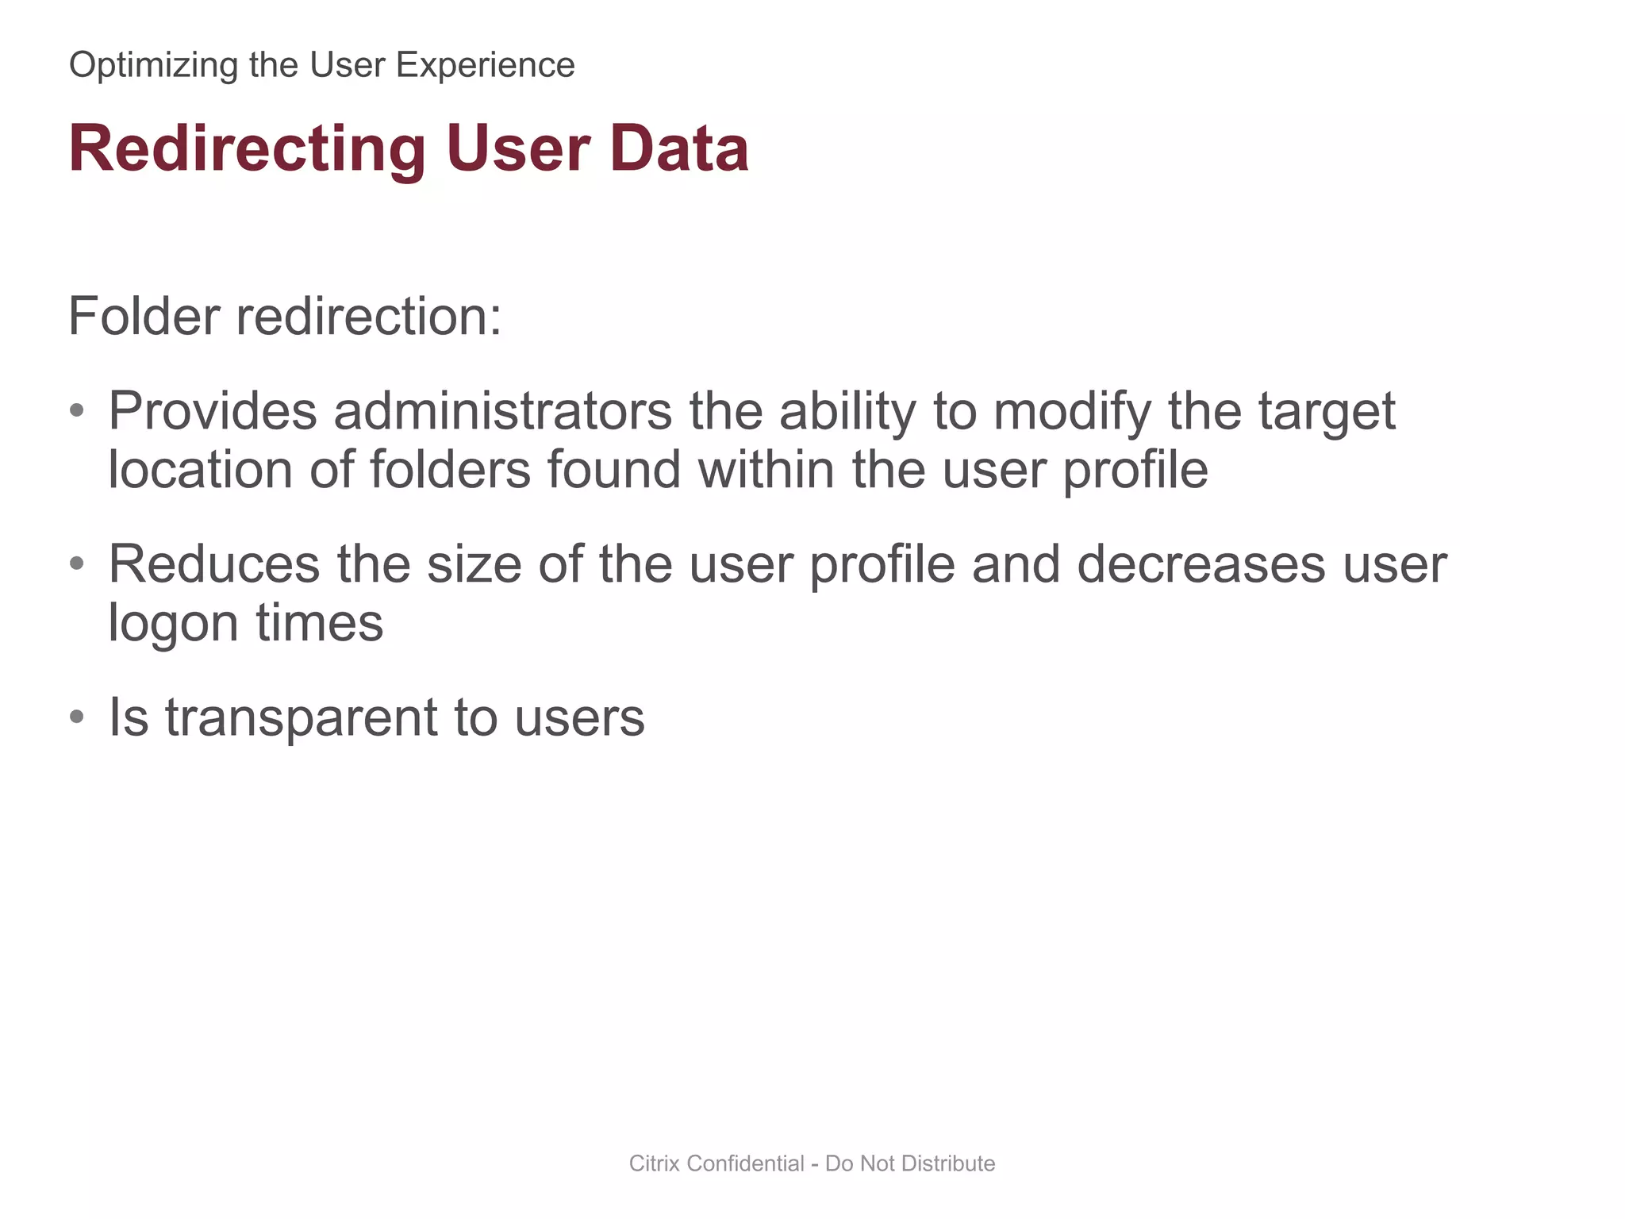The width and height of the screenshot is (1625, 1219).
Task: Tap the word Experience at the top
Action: pos(485,66)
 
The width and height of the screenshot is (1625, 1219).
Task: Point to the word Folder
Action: pos(143,316)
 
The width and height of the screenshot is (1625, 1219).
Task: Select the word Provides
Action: pos(213,411)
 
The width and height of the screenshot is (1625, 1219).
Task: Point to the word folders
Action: pos(450,469)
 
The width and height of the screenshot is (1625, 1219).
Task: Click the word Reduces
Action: pos(213,564)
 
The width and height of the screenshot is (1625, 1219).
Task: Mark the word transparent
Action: pos(301,717)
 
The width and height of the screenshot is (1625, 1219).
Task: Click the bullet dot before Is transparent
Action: pos(77,717)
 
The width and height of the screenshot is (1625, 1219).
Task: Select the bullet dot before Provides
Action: pos(77,410)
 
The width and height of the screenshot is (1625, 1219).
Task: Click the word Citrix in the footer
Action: pos(654,1163)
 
